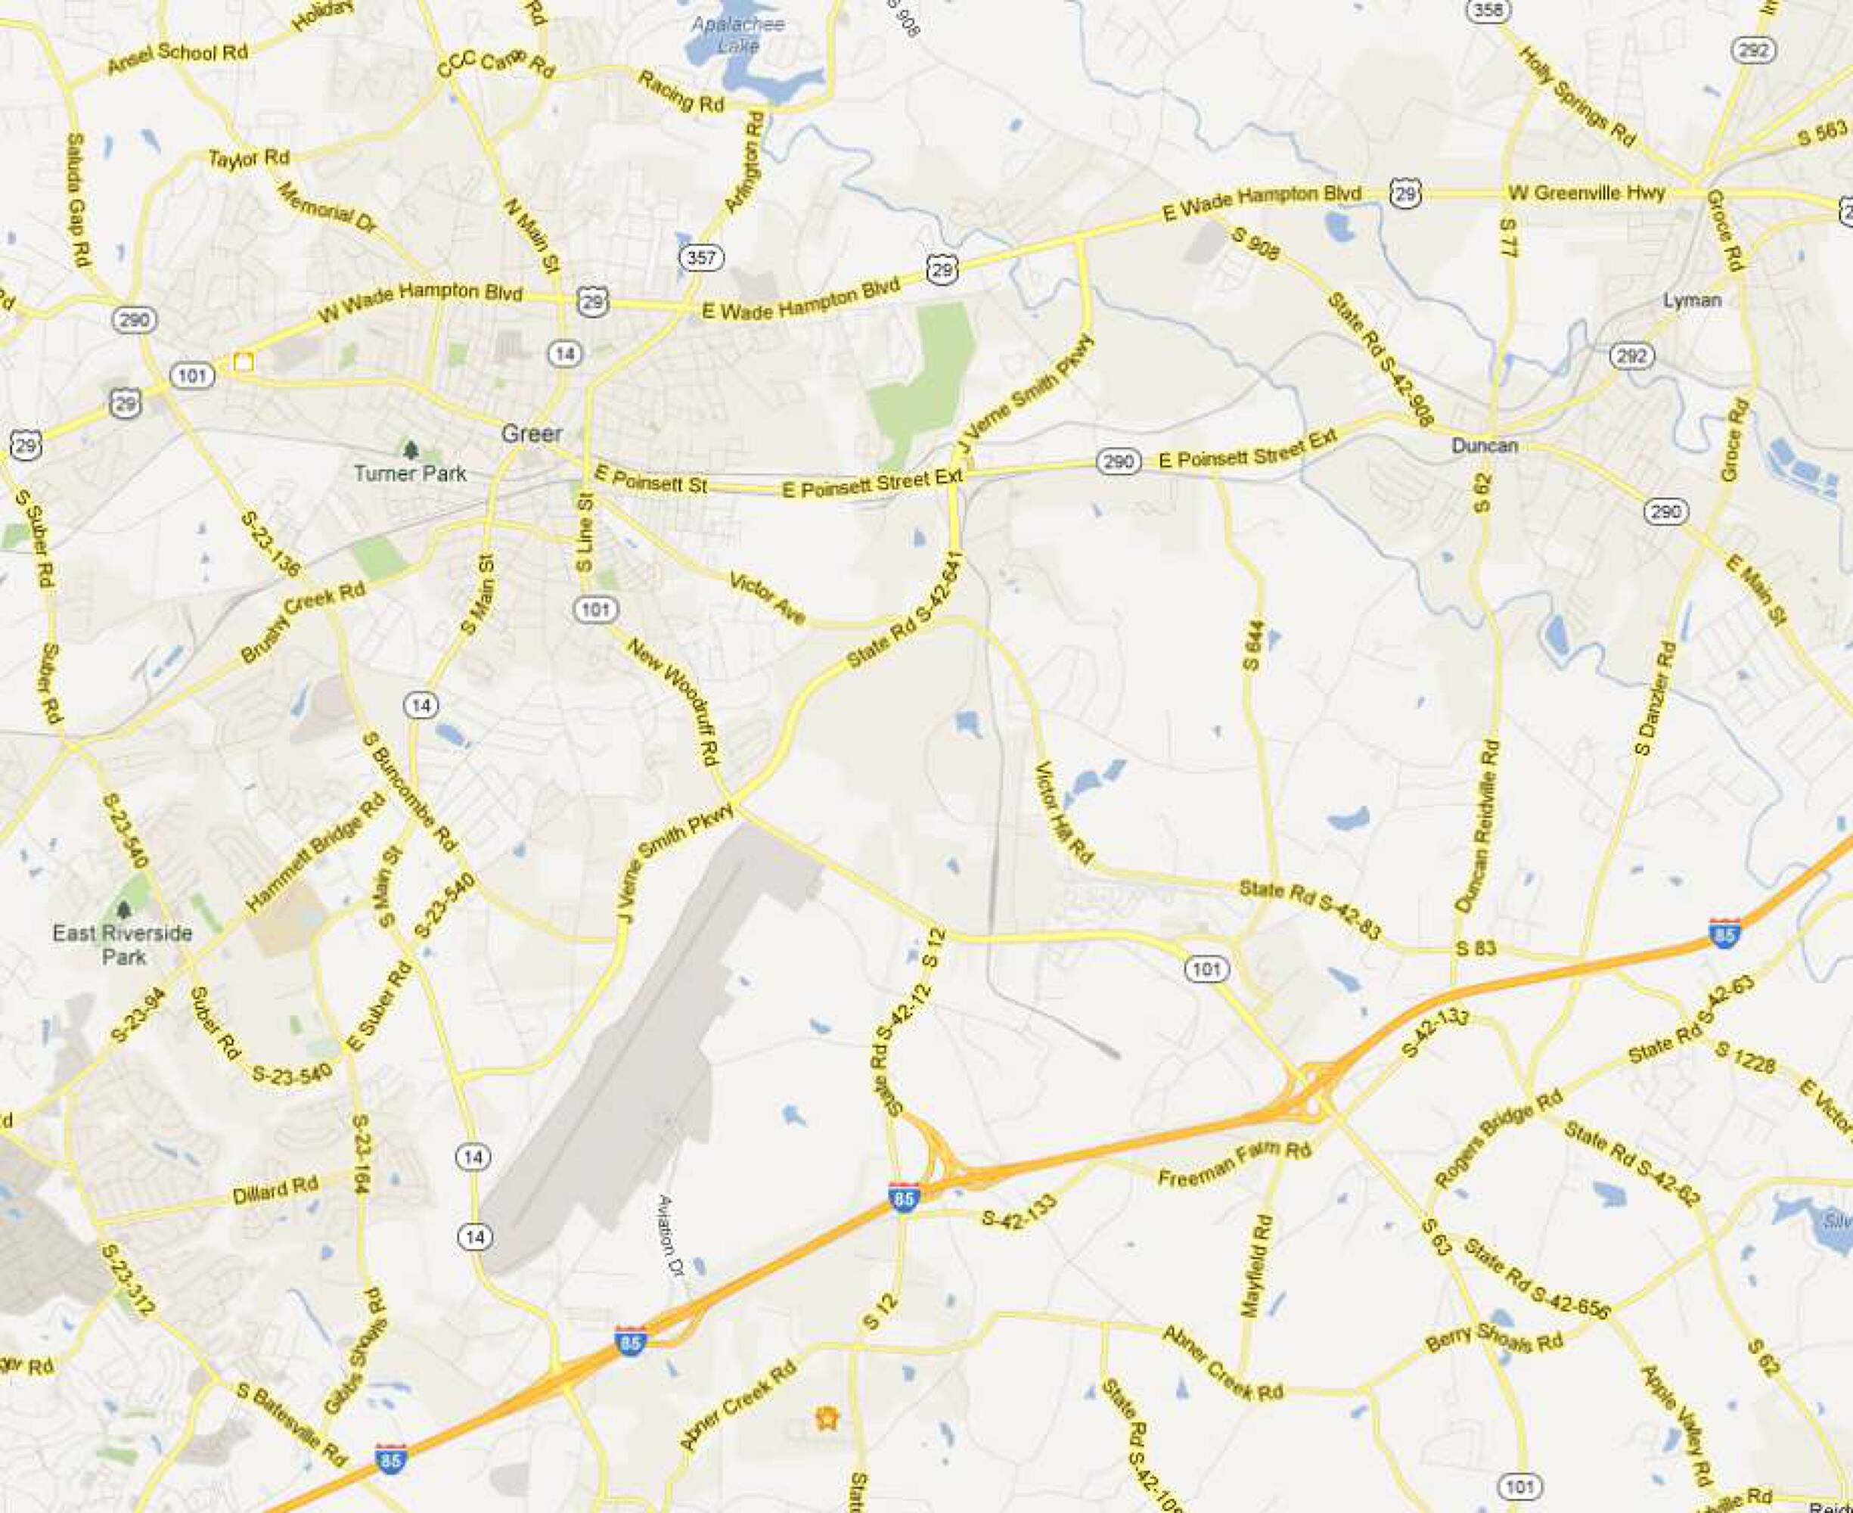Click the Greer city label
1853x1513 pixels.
(x=532, y=433)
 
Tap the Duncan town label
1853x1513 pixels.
(x=1485, y=446)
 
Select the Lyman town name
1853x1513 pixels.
(x=1692, y=300)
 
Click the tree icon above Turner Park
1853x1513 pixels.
(x=411, y=449)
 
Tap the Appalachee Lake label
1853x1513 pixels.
(x=738, y=34)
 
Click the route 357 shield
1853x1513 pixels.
(x=701, y=257)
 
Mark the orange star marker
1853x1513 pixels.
(x=826, y=1418)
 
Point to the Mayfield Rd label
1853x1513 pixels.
(x=1257, y=1266)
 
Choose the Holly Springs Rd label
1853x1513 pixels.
(x=1577, y=96)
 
